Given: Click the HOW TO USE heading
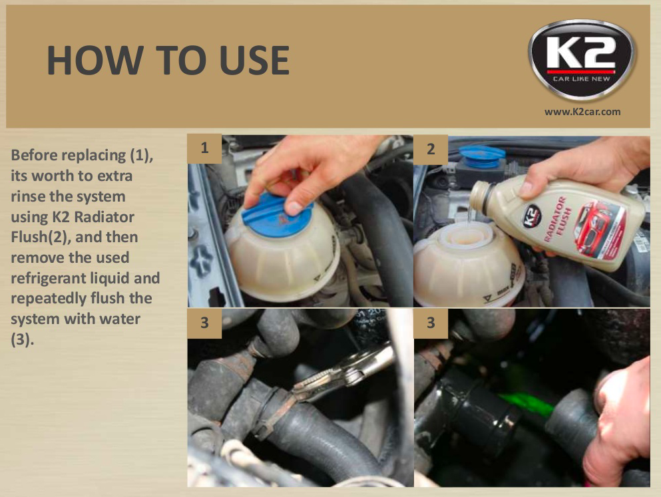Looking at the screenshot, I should [x=168, y=61].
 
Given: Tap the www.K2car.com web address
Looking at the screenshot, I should [x=582, y=112].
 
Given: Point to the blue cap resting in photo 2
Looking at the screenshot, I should [x=483, y=155].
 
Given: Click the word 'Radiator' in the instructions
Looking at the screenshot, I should [x=106, y=217].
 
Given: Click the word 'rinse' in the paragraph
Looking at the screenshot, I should [x=29, y=197].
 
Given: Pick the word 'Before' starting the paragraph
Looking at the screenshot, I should [x=33, y=156].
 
